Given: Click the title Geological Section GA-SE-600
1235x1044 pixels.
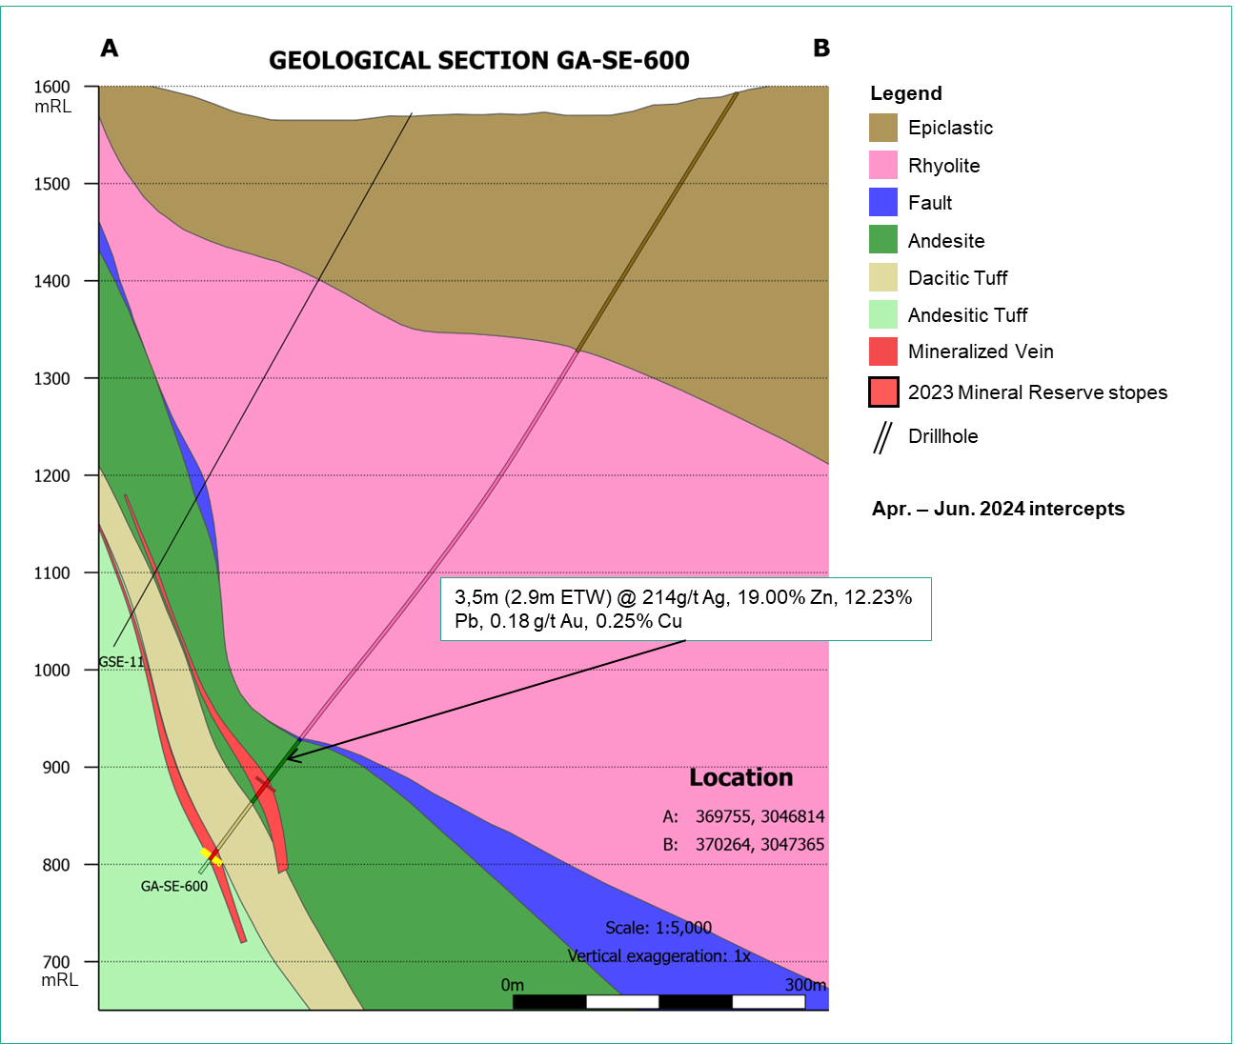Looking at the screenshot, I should (478, 60).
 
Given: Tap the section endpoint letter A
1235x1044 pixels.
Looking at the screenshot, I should (110, 48).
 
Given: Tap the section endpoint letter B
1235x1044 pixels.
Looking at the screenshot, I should (821, 48).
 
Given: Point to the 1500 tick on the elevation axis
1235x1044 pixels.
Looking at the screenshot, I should (52, 184).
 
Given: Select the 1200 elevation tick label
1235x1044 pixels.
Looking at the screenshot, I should (52, 475).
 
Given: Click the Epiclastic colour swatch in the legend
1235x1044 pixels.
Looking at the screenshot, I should (883, 128).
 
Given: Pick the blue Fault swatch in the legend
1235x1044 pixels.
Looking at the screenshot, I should (883, 203).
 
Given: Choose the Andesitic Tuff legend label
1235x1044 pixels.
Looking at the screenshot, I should (967, 315).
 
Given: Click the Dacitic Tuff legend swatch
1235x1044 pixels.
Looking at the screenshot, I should (883, 278).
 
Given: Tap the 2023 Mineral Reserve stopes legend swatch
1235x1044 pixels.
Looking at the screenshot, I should (883, 391).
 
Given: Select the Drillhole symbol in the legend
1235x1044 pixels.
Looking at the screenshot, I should (883, 437).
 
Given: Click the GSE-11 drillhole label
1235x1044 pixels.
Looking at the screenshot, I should (121, 661).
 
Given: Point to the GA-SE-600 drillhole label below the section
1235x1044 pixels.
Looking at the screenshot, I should (174, 886).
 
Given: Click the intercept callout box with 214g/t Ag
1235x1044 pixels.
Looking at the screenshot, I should (684, 609).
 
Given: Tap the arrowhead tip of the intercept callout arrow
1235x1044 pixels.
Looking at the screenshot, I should (289, 759).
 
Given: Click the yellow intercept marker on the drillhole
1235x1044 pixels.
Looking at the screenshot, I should (212, 856).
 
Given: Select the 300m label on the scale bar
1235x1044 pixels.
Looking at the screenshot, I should (805, 985).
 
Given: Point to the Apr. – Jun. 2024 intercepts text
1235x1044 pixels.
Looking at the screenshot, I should (998, 509).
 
